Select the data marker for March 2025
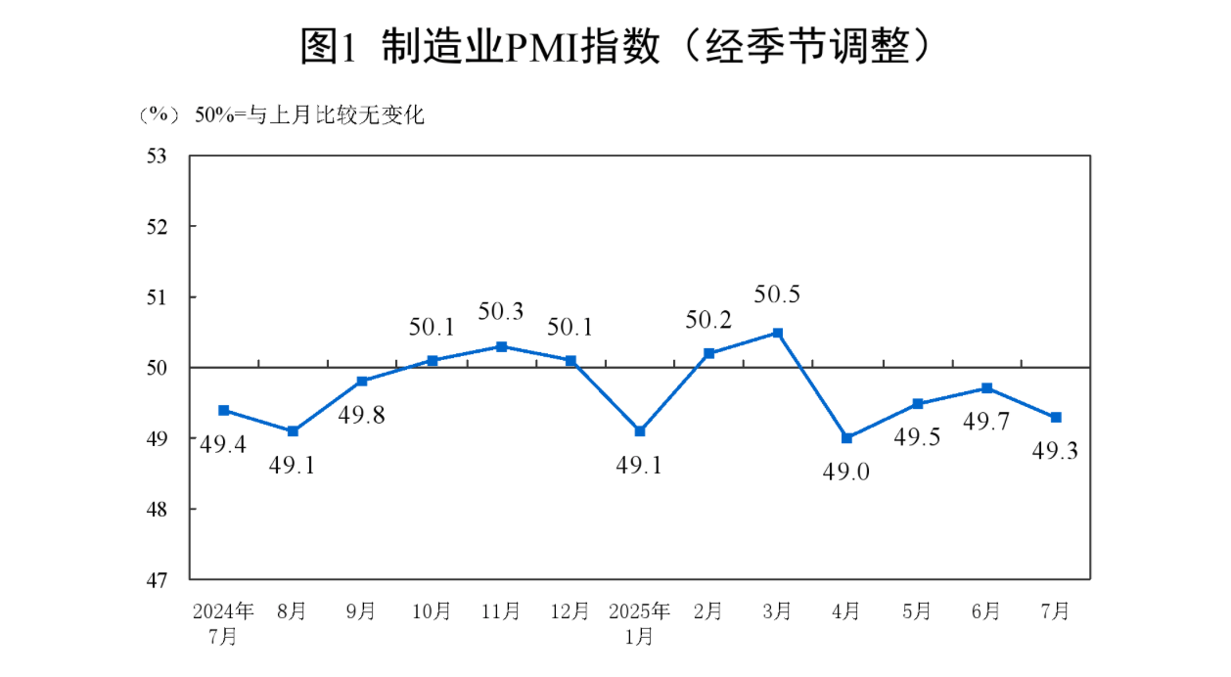pos(778,333)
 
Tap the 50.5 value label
pos(778,294)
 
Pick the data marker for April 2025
pos(846,438)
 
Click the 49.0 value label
pos(846,473)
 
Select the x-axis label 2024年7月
pos(223,623)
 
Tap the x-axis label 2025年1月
pos(639,623)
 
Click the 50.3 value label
pos(501,312)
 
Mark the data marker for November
pos(501,346)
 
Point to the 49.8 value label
pos(362,415)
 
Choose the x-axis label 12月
pos(570,612)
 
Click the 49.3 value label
pos(1057,451)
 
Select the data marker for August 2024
pos(293,431)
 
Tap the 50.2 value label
pos(709,319)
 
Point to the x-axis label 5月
pos(917,612)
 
